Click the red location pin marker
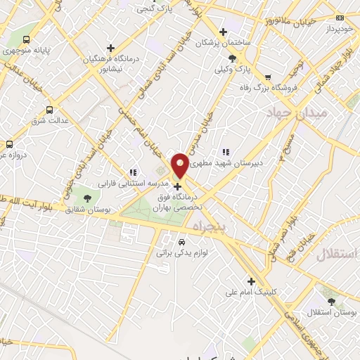tap(180, 165)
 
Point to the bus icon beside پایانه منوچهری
tap(27, 40)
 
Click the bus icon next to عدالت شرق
tap(49, 110)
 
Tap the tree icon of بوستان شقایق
tap(87, 199)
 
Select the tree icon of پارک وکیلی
tap(233, 59)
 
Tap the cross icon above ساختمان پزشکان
tap(223, 32)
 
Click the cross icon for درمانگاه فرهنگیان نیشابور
tap(110, 48)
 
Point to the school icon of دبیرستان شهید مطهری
tap(225, 152)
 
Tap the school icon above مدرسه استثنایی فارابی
tap(132, 172)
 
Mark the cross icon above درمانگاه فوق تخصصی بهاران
tap(177, 187)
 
